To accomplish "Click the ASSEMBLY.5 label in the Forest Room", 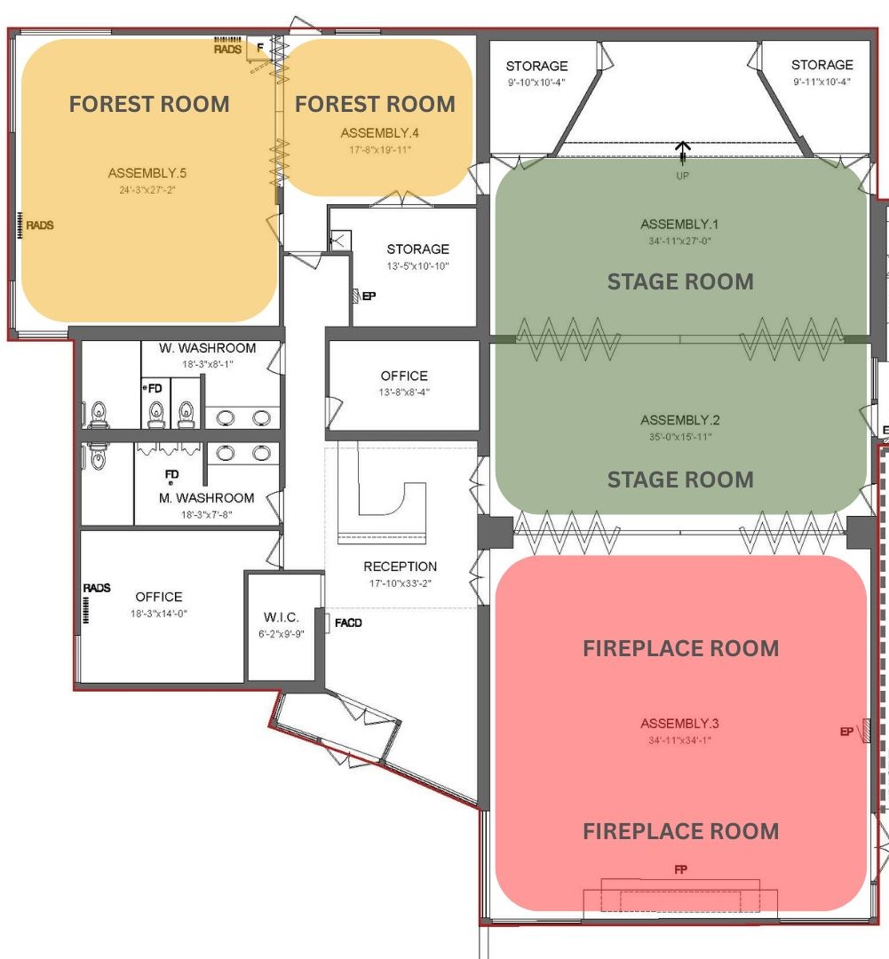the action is [147, 173].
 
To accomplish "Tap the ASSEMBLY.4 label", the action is [379, 132].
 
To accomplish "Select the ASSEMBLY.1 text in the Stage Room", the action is [679, 224].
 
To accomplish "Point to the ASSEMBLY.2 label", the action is [679, 420].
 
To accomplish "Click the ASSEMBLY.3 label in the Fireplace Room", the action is [679, 724].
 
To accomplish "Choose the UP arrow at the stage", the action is [683, 153].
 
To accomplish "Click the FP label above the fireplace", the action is [680, 869].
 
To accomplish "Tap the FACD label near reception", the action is [348, 622].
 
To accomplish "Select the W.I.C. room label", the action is [281, 617].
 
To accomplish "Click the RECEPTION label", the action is [401, 567].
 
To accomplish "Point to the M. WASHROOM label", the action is [206, 498].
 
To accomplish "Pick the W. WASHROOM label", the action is [208, 348].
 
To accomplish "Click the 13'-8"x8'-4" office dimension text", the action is [404, 392].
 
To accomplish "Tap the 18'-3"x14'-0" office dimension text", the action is [158, 614].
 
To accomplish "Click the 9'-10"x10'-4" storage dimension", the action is [536, 82].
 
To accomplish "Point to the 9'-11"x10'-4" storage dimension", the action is [822, 82].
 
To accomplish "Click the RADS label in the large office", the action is [97, 588].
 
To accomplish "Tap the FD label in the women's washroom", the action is [155, 388].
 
